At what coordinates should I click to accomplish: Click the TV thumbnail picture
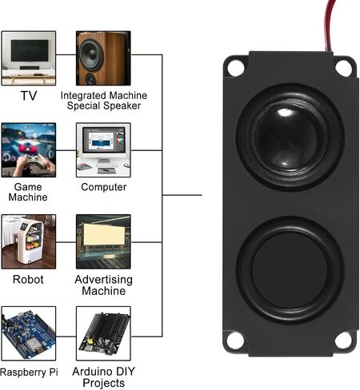(x=29, y=58)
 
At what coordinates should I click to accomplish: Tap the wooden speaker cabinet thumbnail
(x=103, y=58)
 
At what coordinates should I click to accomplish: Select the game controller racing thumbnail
(x=29, y=150)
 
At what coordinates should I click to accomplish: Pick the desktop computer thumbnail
(x=103, y=150)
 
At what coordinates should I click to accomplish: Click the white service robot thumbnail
(x=29, y=241)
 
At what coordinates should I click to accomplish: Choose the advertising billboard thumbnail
(x=103, y=241)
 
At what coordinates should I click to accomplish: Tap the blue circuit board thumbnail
(x=29, y=333)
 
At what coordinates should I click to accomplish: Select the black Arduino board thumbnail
(x=103, y=333)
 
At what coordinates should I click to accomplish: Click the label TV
(x=29, y=96)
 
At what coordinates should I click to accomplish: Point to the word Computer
(x=104, y=187)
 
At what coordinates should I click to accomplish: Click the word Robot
(x=28, y=280)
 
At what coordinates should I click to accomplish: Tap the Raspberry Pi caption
(x=29, y=372)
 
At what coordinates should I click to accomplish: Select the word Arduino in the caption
(x=92, y=372)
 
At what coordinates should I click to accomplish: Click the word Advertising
(x=104, y=280)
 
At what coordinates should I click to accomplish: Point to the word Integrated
(x=83, y=96)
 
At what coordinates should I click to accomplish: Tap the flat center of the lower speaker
(x=290, y=269)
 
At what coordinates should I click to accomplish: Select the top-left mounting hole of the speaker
(x=236, y=68)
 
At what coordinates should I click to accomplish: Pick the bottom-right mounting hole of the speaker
(x=343, y=340)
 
